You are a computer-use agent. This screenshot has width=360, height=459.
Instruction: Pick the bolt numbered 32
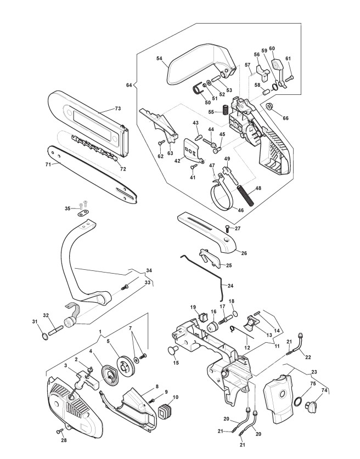tap(56, 331)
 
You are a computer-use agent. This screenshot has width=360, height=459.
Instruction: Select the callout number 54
tap(159, 58)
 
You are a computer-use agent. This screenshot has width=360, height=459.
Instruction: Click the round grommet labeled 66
tap(269, 106)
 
